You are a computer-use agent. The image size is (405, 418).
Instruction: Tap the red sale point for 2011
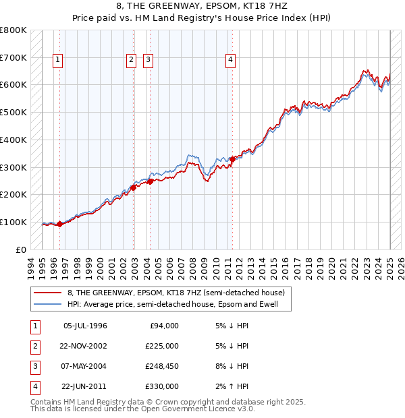click(x=232, y=159)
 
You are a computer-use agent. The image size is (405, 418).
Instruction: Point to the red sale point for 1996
click(x=59, y=224)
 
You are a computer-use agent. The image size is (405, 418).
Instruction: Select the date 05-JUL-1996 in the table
click(x=85, y=326)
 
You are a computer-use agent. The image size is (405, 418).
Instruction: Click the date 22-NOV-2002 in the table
click(x=84, y=346)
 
